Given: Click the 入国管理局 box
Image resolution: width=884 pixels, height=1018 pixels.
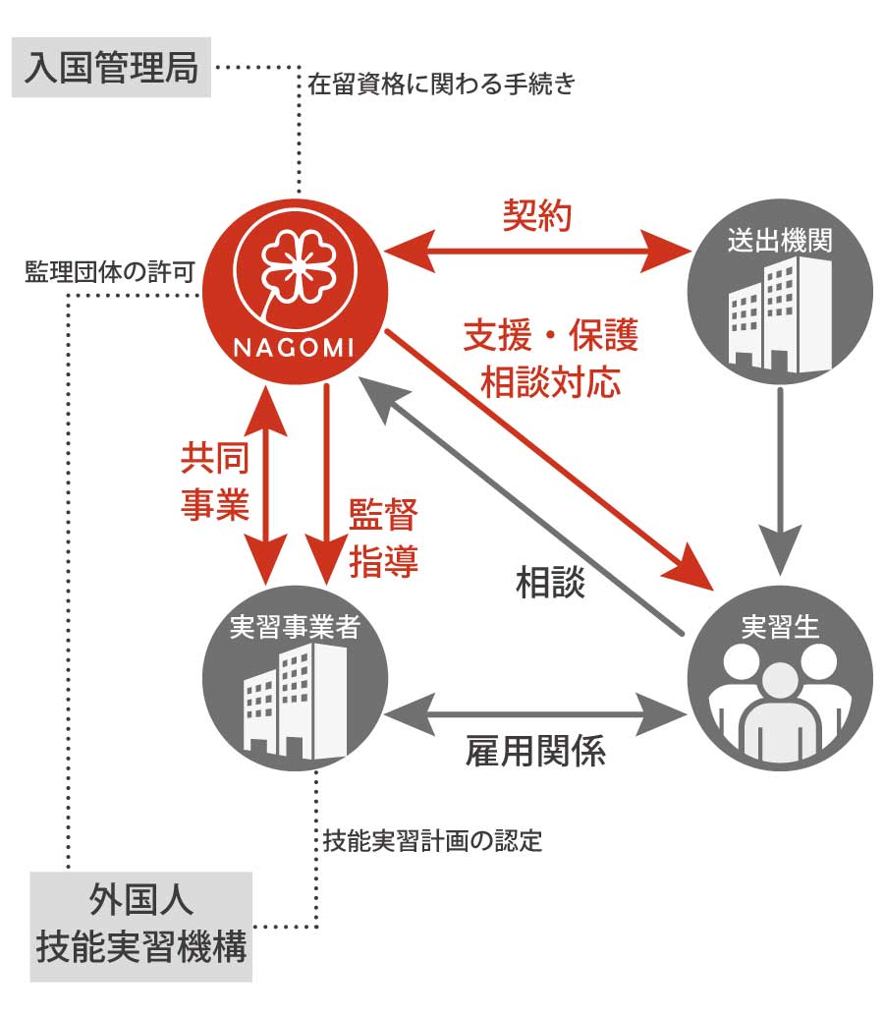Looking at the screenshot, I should pyautogui.click(x=111, y=69).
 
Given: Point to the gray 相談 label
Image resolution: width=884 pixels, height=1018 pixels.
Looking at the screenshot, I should pyautogui.click(x=550, y=583).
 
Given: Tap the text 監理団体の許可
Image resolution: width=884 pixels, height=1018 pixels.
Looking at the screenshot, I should pyautogui.click(x=109, y=272).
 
